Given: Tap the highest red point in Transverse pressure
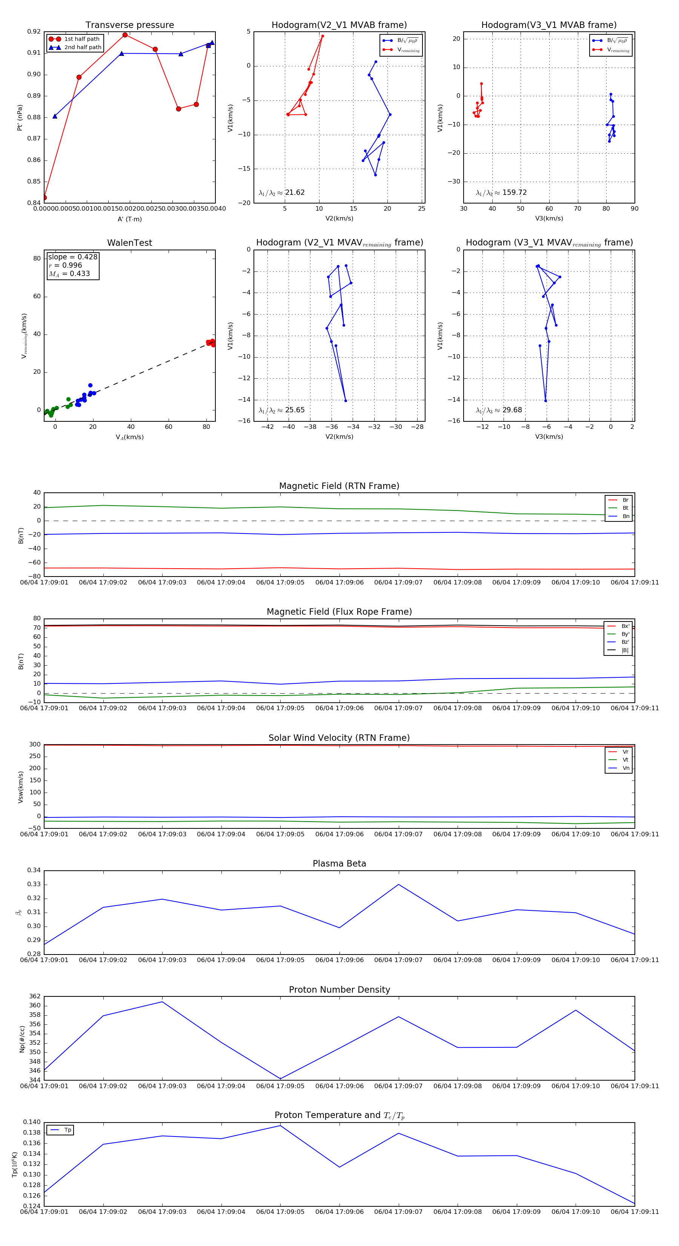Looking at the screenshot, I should point(125,35).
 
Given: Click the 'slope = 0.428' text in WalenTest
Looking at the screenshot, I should point(72,257).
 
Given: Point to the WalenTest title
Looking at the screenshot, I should point(129,243).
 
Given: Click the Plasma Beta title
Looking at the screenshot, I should point(339,864).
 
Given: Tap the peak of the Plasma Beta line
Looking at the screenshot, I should point(399,885).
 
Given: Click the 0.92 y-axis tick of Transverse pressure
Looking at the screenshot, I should point(34,32).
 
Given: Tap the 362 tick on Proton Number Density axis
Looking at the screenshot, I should point(35,996).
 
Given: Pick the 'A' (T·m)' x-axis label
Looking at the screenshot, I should point(129,219).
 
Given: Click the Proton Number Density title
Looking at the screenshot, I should point(339,990).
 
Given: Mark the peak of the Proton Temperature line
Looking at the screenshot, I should point(280,1126).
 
